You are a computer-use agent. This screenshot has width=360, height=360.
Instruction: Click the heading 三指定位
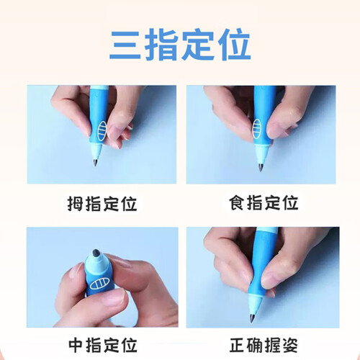[x=180, y=45]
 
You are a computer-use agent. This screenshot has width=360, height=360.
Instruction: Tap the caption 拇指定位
[x=102, y=204]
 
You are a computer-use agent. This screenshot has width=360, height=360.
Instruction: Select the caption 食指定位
[x=264, y=203]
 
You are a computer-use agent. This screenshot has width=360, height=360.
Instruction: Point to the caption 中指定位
[x=103, y=345]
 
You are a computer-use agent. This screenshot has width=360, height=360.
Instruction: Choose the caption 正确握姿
[x=264, y=345]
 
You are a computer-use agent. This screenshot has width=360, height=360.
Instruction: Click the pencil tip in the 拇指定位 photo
[x=95, y=163]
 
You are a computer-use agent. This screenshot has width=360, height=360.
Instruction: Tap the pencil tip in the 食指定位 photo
[x=261, y=167]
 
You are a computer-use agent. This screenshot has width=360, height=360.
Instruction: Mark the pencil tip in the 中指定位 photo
[x=96, y=253]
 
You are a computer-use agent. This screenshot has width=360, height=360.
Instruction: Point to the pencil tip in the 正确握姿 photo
[x=252, y=318]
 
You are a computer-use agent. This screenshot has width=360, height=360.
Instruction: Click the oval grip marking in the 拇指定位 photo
[x=102, y=131]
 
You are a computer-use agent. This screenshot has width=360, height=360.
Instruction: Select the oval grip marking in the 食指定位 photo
[x=256, y=128]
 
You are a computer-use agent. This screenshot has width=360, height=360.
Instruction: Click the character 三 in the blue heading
[x=125, y=45]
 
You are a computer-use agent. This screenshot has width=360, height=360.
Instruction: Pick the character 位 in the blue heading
[x=234, y=45]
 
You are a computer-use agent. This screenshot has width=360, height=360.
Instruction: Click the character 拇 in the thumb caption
[x=76, y=204]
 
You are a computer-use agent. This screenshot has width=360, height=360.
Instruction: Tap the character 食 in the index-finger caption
[x=237, y=203]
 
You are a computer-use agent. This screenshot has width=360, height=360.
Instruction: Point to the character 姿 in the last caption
[x=290, y=345]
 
